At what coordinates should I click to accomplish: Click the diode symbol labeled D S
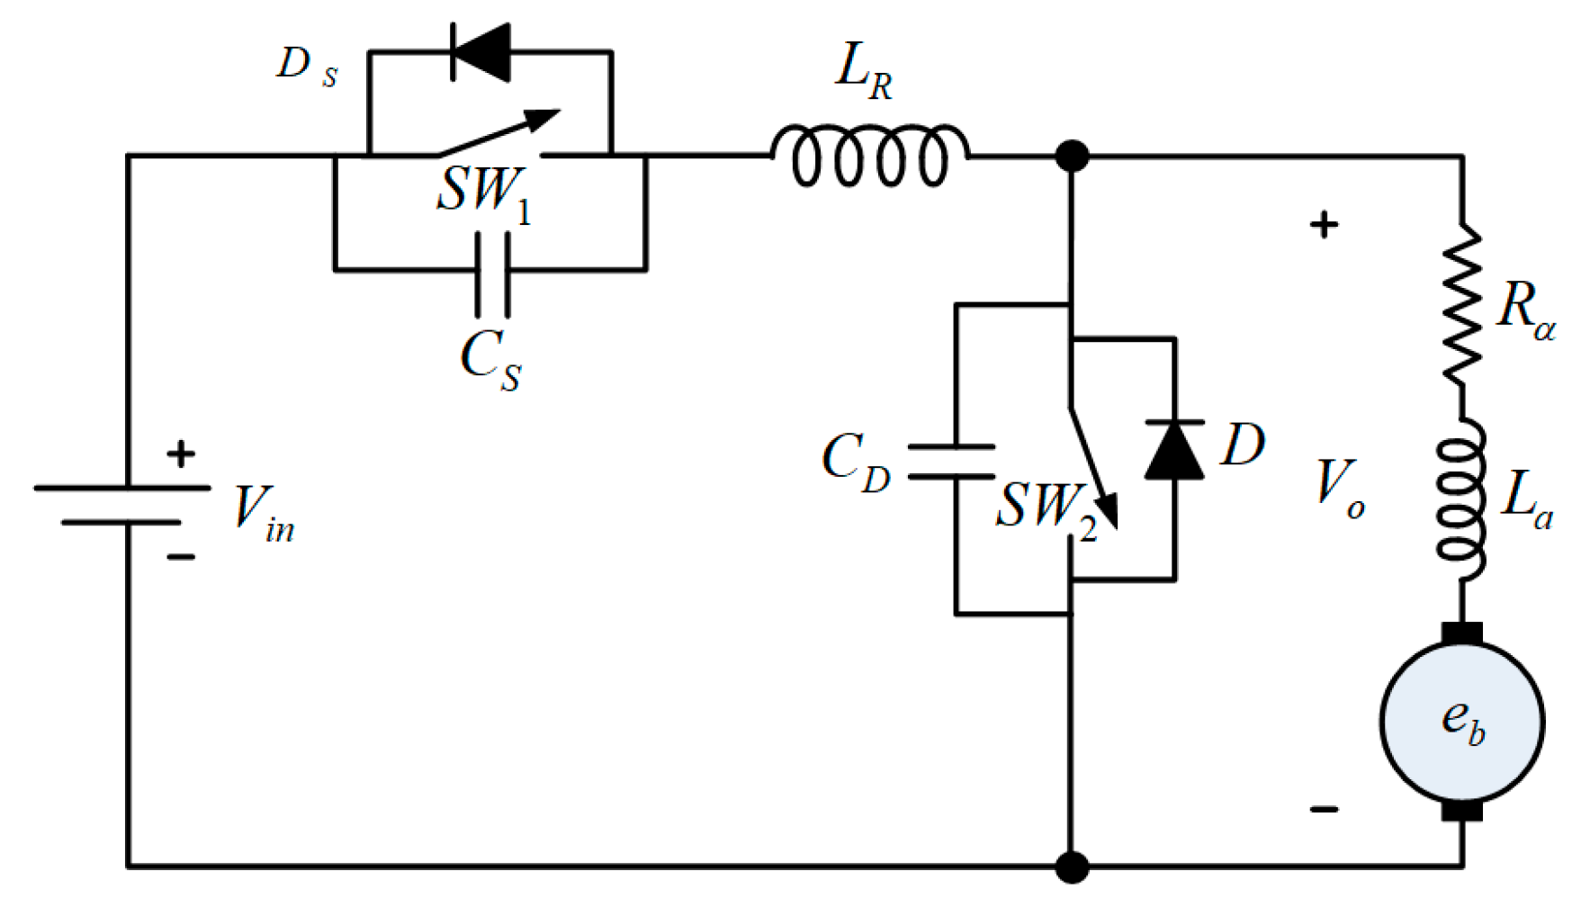coord(482,52)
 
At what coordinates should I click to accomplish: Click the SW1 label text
coord(483,192)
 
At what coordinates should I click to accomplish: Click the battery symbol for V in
coord(123,505)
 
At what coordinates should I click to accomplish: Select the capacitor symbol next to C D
coord(952,461)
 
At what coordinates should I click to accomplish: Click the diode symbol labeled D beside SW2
coord(1174,450)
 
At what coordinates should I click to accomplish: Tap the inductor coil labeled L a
coord(1460,499)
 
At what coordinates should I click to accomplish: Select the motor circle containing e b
coord(1461,721)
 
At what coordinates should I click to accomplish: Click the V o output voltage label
coord(1339,489)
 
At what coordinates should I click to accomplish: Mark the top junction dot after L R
coord(1071,157)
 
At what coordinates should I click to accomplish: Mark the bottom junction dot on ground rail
coord(1071,867)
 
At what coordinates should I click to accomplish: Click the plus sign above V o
coord(1324,224)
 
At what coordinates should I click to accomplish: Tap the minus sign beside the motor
coord(1324,809)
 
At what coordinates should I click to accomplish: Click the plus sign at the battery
coord(181,453)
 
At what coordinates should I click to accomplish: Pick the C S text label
coord(490,360)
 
